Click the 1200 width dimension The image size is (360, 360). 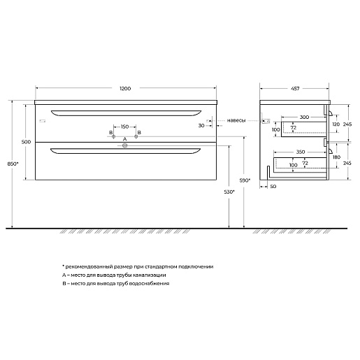point(124,89)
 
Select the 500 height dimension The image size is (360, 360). point(27,142)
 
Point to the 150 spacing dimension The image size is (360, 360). point(124,127)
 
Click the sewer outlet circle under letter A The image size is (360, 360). point(124,146)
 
